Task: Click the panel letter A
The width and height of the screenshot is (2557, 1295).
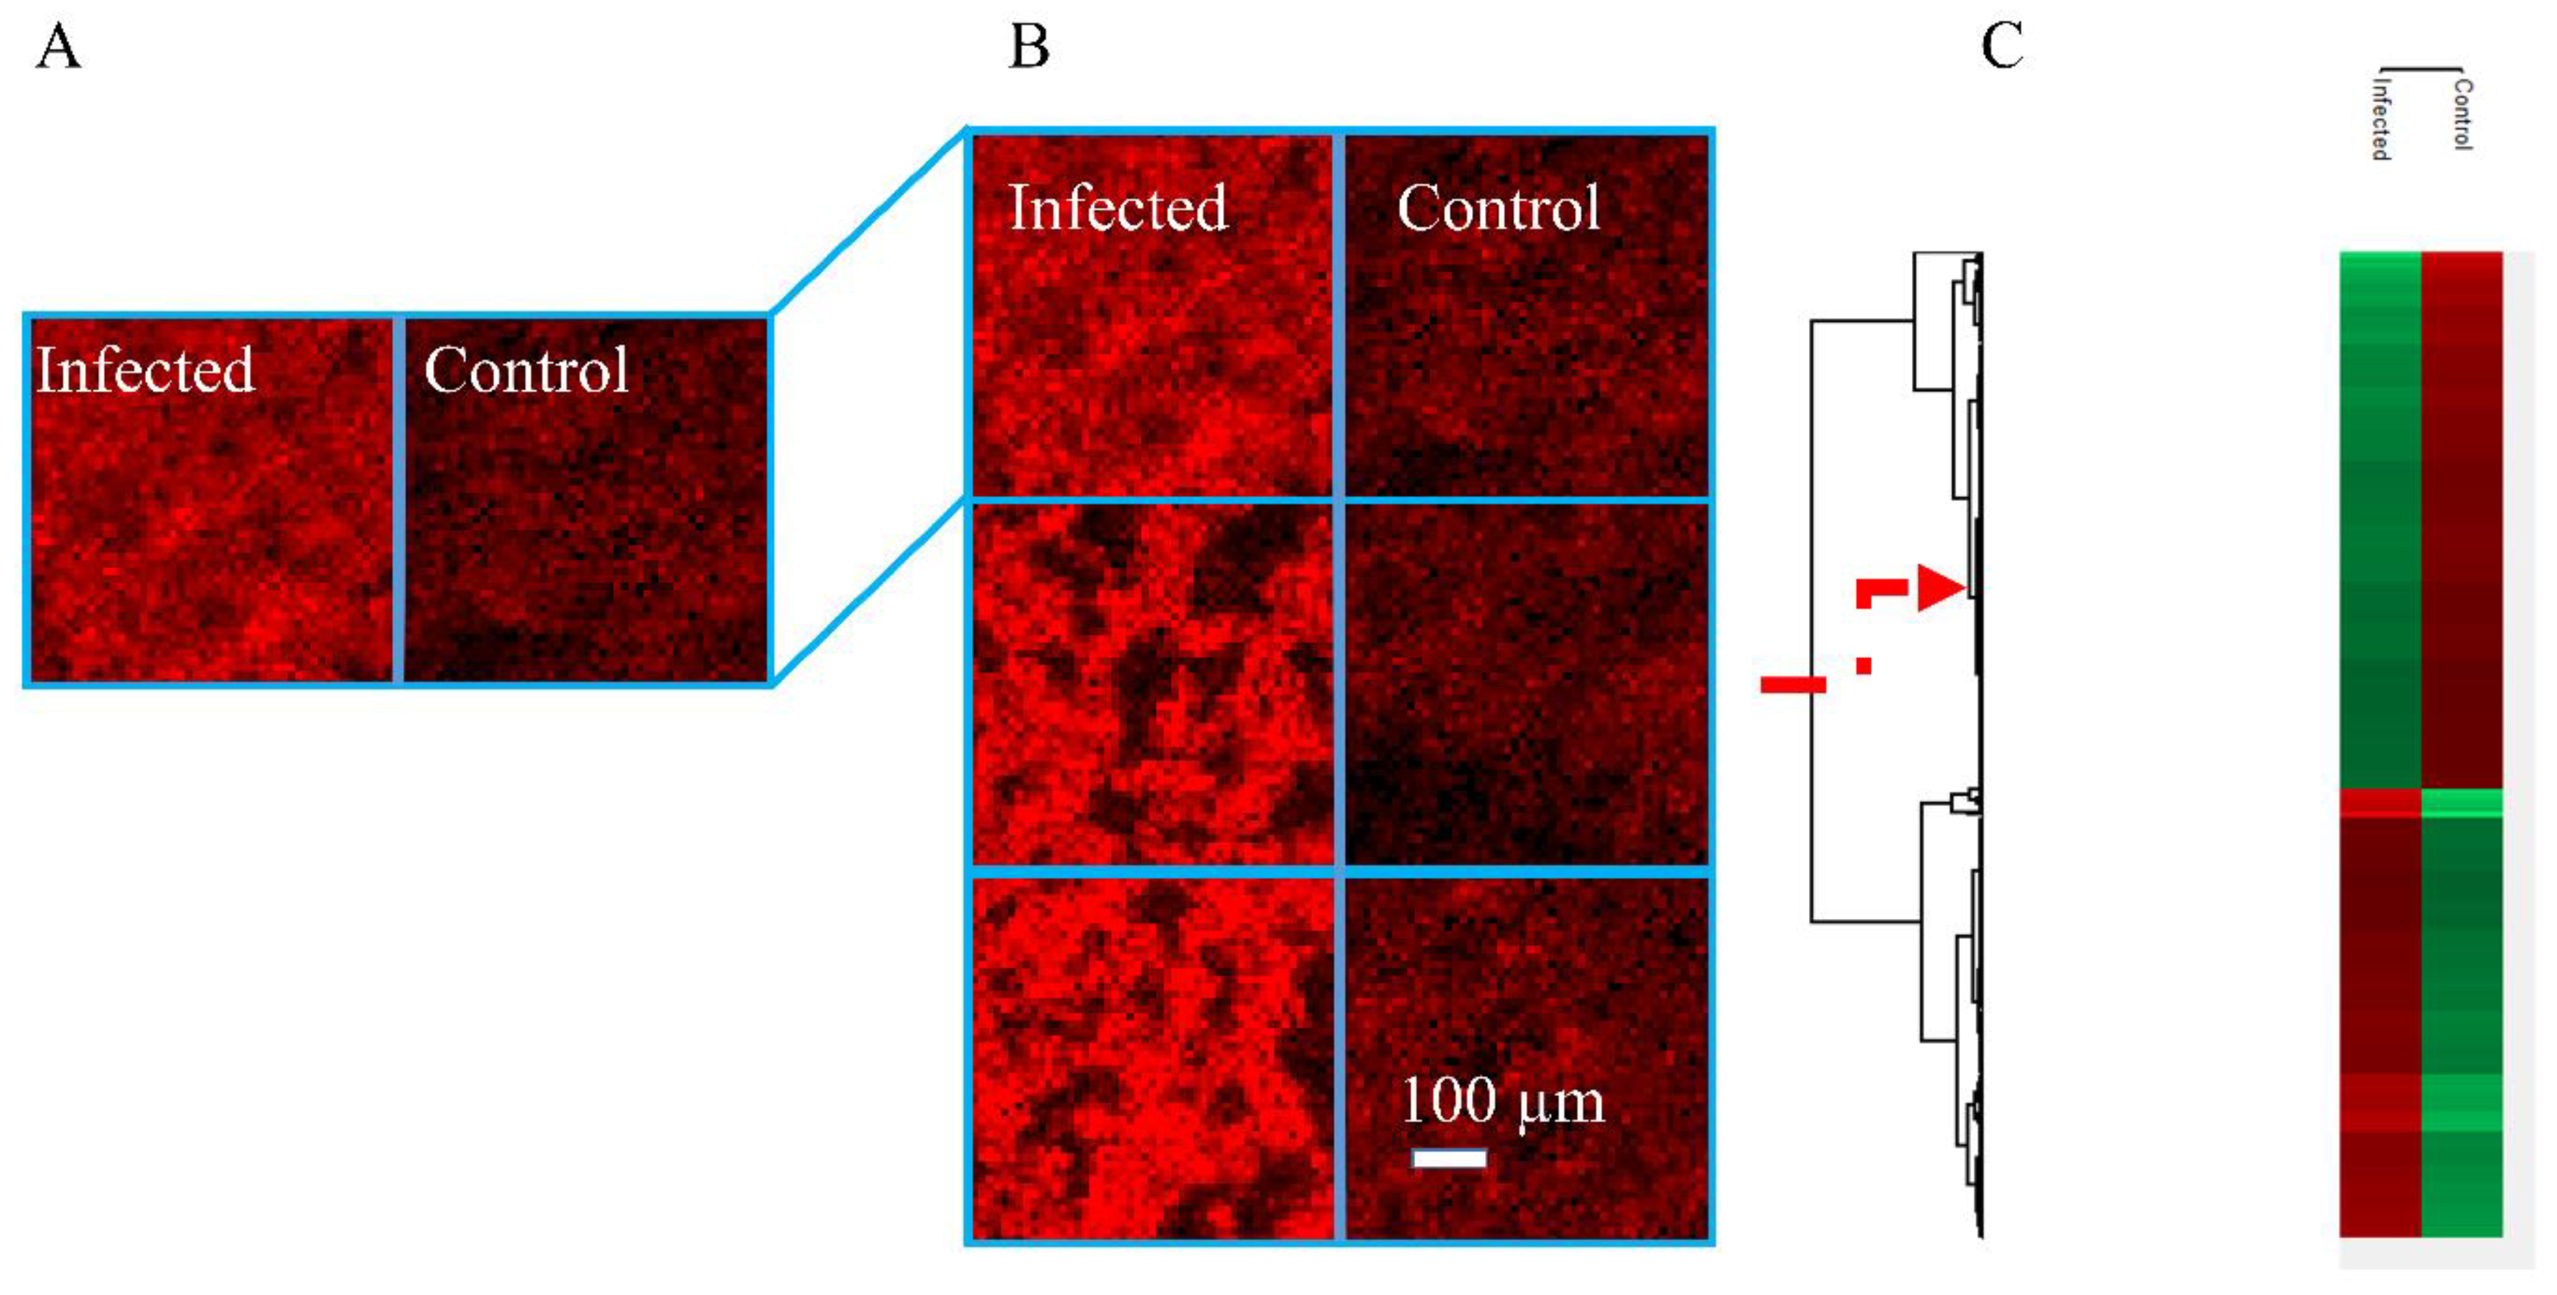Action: click(x=58, y=47)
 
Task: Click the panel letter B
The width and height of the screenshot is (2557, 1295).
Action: click(x=1028, y=47)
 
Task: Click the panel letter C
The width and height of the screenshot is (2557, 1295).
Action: click(x=2001, y=47)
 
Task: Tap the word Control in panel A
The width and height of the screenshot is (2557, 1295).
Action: click(x=526, y=370)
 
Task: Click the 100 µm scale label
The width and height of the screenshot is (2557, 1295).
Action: click(x=1501, y=1101)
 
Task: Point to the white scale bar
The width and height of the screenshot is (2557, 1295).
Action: click(x=1449, y=1158)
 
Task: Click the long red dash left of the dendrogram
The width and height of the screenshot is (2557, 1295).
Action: click(x=1793, y=684)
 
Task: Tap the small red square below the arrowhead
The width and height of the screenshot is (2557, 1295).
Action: click(x=1863, y=666)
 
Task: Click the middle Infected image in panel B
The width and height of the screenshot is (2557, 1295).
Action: click(x=1152, y=685)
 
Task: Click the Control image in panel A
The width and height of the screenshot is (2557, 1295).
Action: click(x=585, y=501)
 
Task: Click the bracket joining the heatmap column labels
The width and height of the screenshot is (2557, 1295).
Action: click(x=2420, y=69)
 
